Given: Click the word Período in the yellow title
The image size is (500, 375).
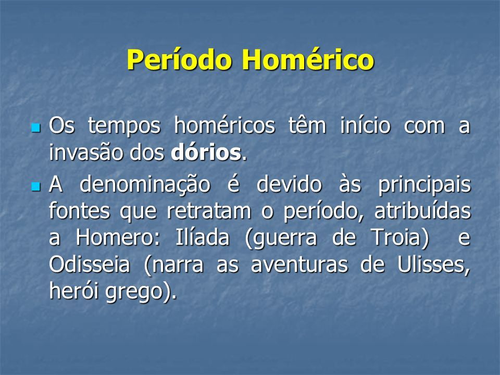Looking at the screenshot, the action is tap(179, 59).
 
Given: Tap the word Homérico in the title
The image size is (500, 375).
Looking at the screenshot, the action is tap(308, 59).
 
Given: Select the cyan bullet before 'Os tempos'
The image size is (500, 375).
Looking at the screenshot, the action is tap(36, 128).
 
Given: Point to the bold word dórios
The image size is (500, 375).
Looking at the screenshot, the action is tap(206, 153).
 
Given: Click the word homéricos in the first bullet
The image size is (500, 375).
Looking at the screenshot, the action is tap(224, 126).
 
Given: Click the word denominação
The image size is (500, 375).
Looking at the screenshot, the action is tap(145, 185).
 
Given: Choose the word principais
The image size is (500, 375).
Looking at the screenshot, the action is tap(424, 185).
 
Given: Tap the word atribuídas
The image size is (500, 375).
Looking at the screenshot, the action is tap(422, 210).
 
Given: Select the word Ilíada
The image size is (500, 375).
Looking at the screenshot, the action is tap(202, 237).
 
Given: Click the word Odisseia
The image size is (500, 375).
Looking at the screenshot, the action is tap(90, 265).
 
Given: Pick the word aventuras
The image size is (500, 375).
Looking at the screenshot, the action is tap(299, 265).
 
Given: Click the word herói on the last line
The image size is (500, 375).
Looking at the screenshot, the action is tap(73, 291).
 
